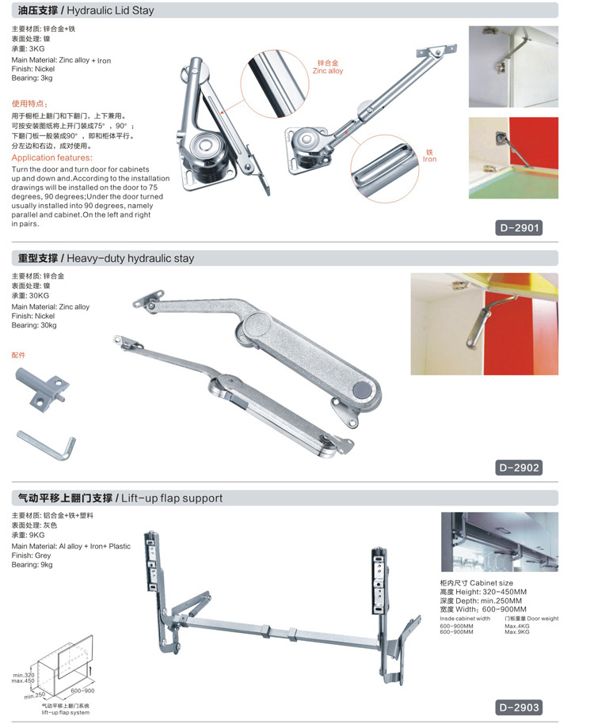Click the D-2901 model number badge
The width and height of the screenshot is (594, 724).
click(x=519, y=228)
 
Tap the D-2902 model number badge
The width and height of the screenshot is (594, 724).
click(x=519, y=468)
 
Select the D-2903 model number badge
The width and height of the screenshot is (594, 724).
click(x=519, y=707)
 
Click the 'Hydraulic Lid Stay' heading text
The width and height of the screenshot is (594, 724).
click(x=110, y=10)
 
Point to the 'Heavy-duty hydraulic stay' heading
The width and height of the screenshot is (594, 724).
click(x=131, y=258)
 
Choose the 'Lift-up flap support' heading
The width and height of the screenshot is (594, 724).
click(x=172, y=498)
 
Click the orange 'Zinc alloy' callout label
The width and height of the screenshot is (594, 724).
click(x=328, y=70)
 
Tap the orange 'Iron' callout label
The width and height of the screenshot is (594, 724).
click(x=429, y=159)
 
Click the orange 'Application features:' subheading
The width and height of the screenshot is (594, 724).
click(x=51, y=158)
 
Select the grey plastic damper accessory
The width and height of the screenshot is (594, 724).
click(x=43, y=387)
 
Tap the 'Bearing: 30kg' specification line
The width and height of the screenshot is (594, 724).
click(x=34, y=325)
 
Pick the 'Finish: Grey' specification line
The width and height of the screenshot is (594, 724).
click(x=31, y=555)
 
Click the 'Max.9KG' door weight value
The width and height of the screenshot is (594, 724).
click(x=517, y=631)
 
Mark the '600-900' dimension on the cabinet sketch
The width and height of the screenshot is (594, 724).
click(x=82, y=691)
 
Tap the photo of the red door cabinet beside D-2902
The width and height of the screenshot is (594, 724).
click(x=485, y=324)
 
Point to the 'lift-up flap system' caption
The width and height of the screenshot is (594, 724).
click(x=66, y=712)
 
